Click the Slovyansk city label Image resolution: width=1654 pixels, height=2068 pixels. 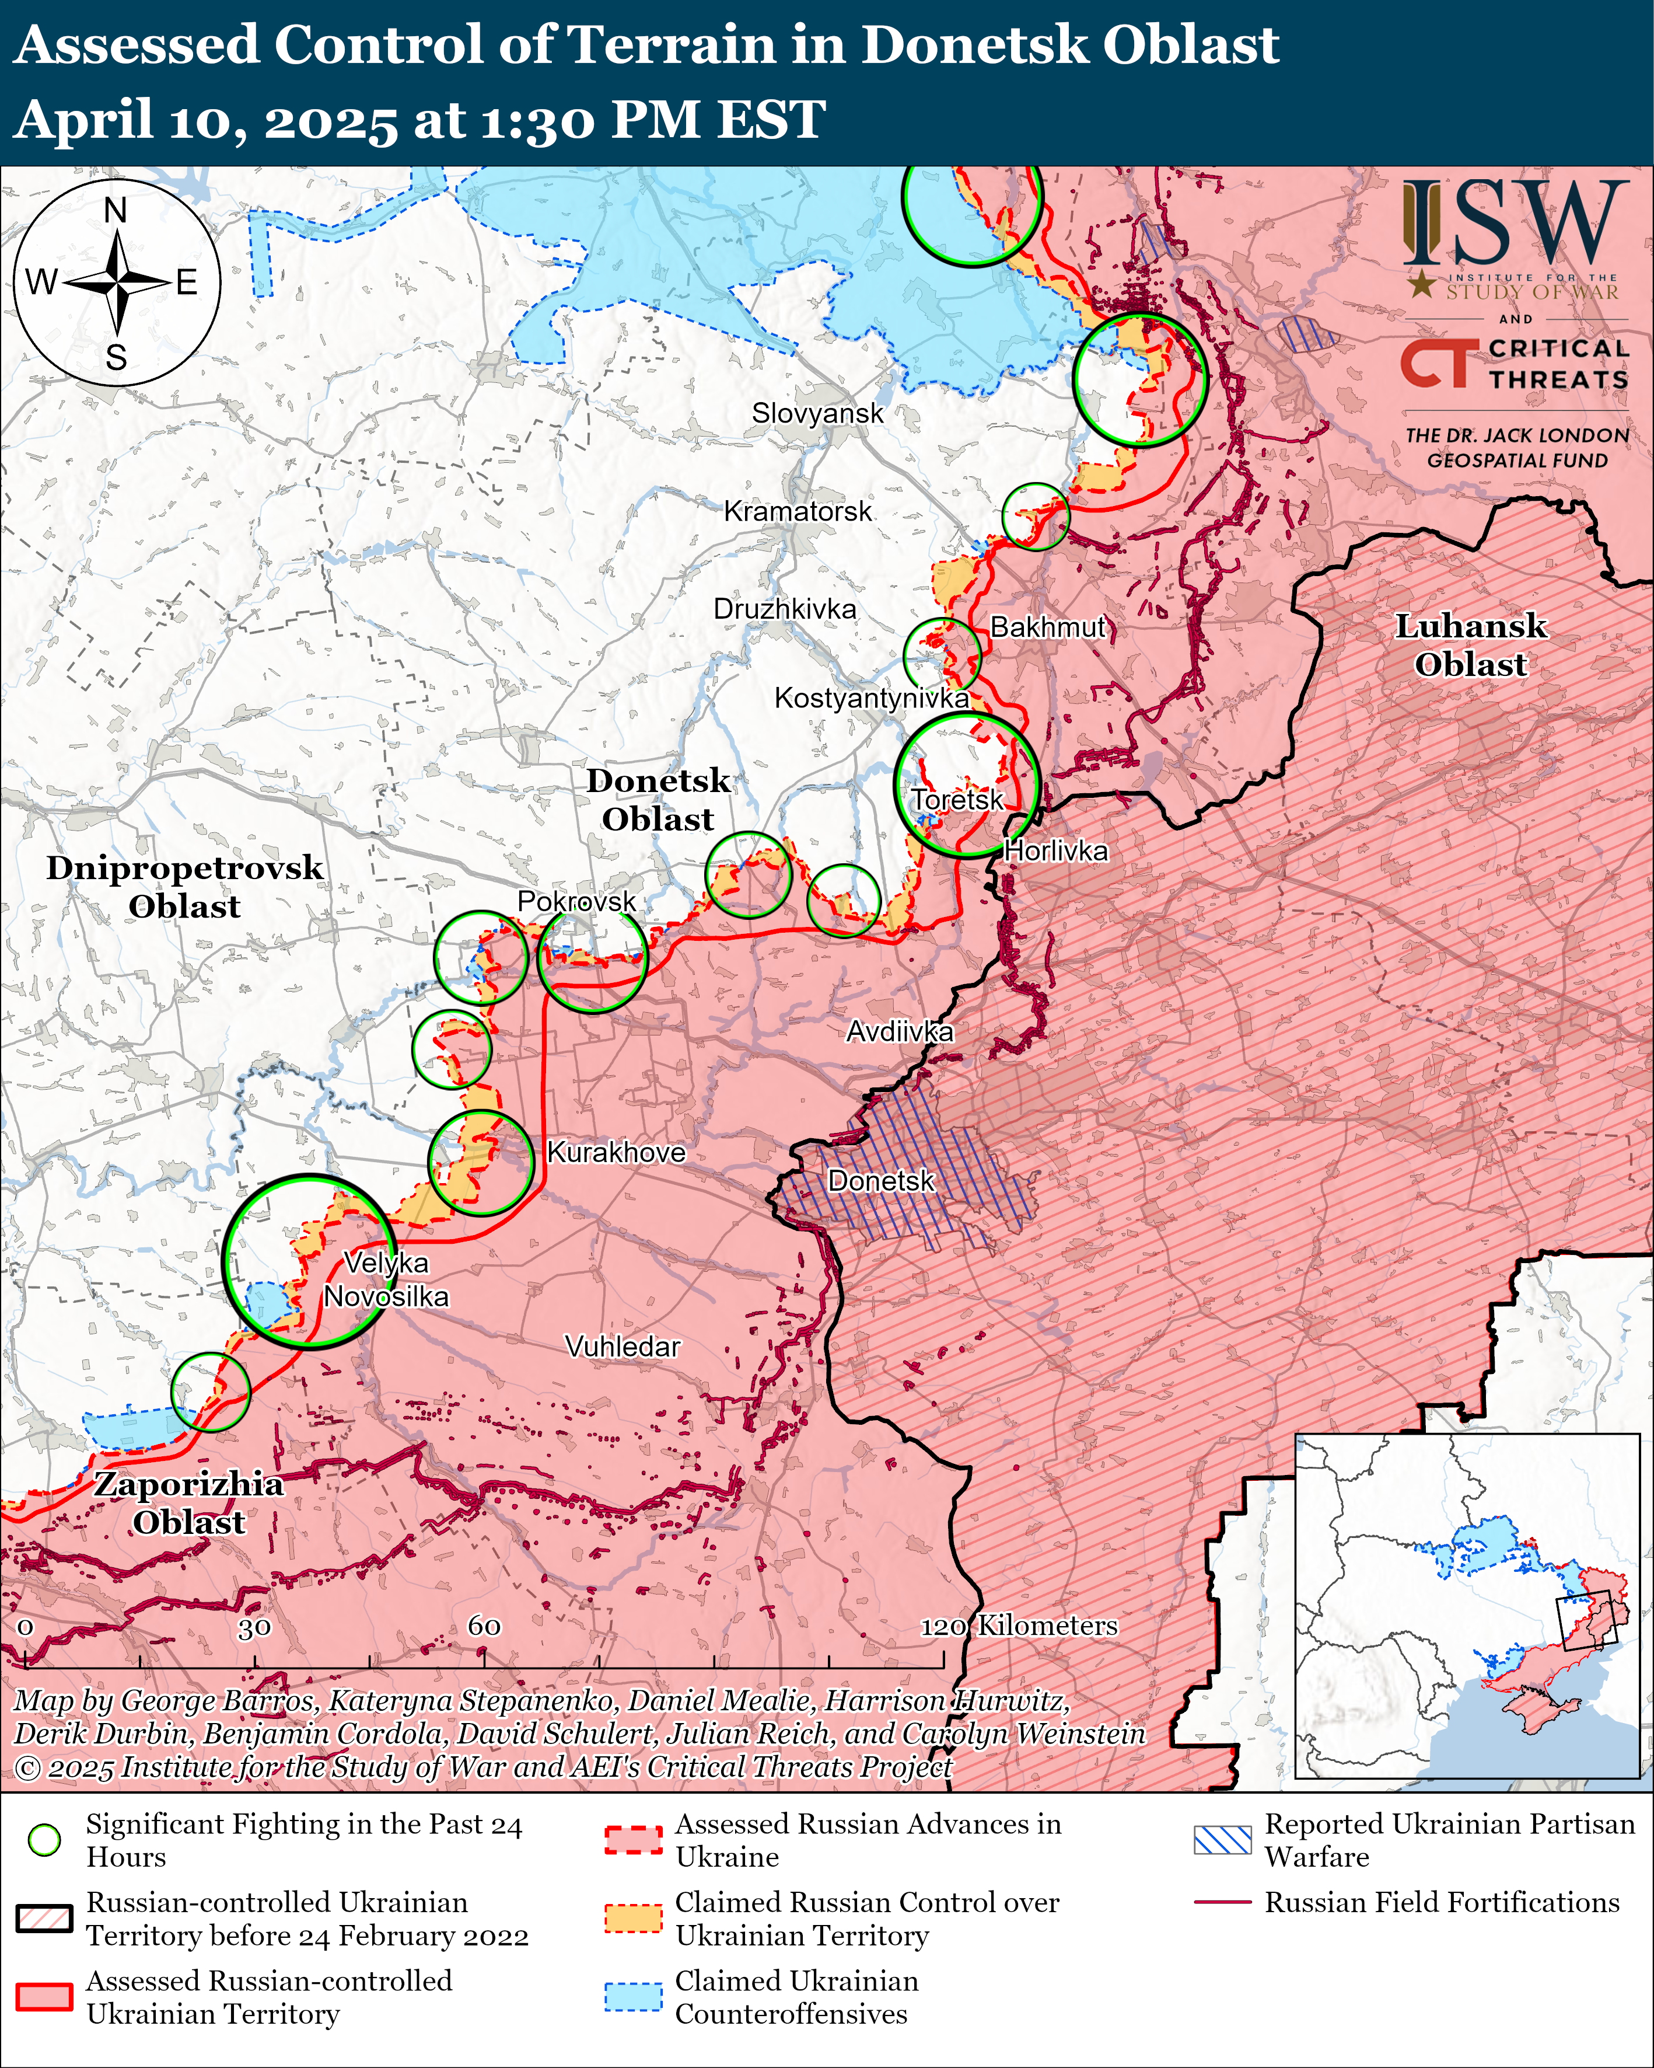(x=817, y=413)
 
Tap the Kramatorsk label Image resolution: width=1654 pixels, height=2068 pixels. (x=798, y=511)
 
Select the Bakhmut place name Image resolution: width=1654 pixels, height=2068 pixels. (x=1048, y=627)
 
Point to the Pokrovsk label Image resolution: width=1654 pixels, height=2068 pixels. (x=576, y=902)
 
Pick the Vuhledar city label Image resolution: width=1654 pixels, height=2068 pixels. (x=623, y=1347)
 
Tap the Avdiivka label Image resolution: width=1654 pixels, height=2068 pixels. (x=900, y=1032)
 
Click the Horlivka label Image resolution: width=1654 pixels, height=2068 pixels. (x=1055, y=851)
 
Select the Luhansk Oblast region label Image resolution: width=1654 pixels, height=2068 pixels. (x=1470, y=646)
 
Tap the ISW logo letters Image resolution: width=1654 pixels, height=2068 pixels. (x=1515, y=225)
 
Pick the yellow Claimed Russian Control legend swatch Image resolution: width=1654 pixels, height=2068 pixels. (x=633, y=1919)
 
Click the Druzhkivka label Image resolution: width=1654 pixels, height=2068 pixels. (x=784, y=609)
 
